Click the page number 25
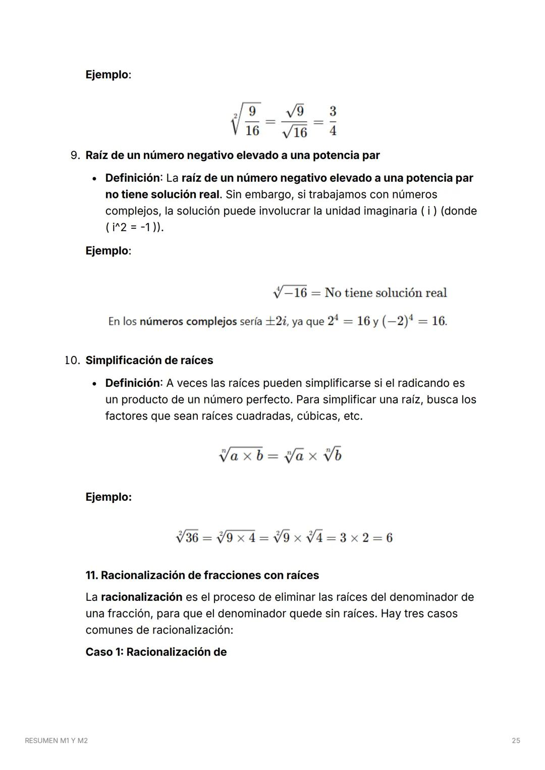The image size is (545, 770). point(516,740)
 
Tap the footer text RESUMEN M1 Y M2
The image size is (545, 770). point(56,740)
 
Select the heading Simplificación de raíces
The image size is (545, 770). point(149,360)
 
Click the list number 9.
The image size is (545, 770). point(75,155)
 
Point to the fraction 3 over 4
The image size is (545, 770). point(333,121)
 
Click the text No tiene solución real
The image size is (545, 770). point(386,293)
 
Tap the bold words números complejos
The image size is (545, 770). point(188,321)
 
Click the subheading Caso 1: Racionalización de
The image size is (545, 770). point(156,652)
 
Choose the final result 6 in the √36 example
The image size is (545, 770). point(389,538)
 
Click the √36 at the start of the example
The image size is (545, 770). point(187,537)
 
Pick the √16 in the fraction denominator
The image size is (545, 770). point(295,132)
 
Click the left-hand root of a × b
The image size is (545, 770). point(241,455)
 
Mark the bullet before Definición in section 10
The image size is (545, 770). point(94,383)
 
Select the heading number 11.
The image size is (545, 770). point(91,575)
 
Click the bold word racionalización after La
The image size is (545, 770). point(141,597)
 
